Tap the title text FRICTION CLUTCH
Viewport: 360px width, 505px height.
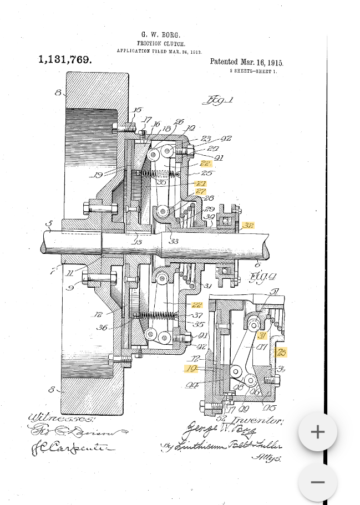point(161,43)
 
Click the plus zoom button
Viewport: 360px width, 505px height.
point(317,432)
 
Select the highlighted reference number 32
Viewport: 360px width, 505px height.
point(247,226)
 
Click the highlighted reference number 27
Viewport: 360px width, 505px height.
point(200,191)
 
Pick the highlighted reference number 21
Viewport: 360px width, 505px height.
point(201,183)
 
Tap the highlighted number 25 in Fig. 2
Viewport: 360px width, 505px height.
point(281,352)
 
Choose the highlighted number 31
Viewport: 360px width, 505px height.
point(262,335)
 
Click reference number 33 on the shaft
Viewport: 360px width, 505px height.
point(174,241)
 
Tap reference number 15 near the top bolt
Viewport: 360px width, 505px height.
point(137,110)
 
